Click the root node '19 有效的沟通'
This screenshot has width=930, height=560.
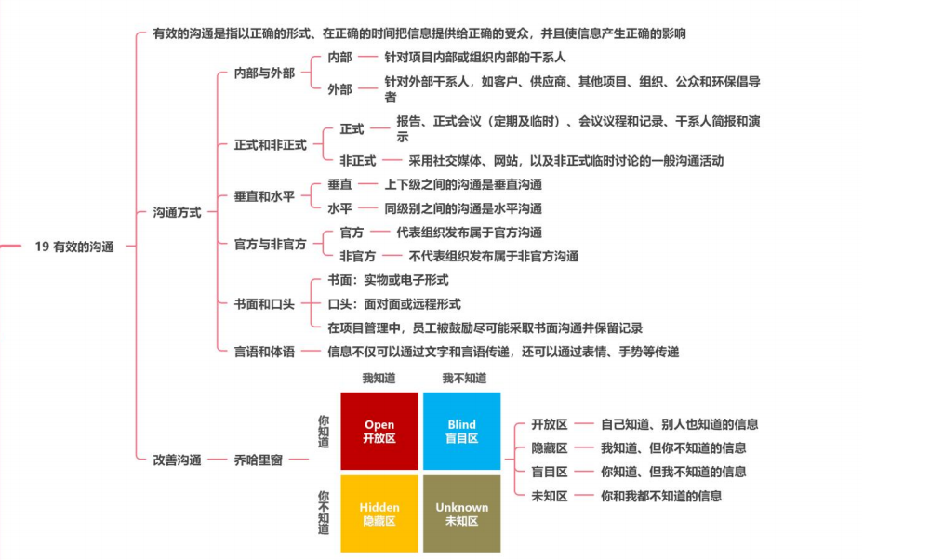tap(74, 247)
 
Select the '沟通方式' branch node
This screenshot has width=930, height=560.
tap(177, 212)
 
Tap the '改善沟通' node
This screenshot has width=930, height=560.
tap(177, 460)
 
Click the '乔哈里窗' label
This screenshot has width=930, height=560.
tap(259, 460)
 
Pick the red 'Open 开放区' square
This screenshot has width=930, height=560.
tap(379, 431)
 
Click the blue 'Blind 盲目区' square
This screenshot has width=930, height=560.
tap(462, 431)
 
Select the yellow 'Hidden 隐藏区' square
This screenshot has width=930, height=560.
tap(379, 513)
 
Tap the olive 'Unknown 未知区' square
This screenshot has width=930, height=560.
tap(462, 513)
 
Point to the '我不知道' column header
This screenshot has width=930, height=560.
tap(464, 379)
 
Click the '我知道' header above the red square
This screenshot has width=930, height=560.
tap(379, 379)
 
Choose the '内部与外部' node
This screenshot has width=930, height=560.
tap(264, 73)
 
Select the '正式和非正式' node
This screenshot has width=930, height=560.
tap(271, 145)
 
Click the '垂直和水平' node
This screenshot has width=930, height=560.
tap(264, 196)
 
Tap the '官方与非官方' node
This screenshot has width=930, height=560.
tap(271, 244)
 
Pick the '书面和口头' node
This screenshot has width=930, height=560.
tap(264, 303)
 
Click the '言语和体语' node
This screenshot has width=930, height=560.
tap(264, 352)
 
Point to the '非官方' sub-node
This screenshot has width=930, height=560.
tap(358, 256)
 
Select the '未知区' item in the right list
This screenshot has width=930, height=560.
tap(549, 496)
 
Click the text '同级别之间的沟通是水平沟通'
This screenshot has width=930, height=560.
tap(463, 208)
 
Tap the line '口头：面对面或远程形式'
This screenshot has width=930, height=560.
tap(394, 303)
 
